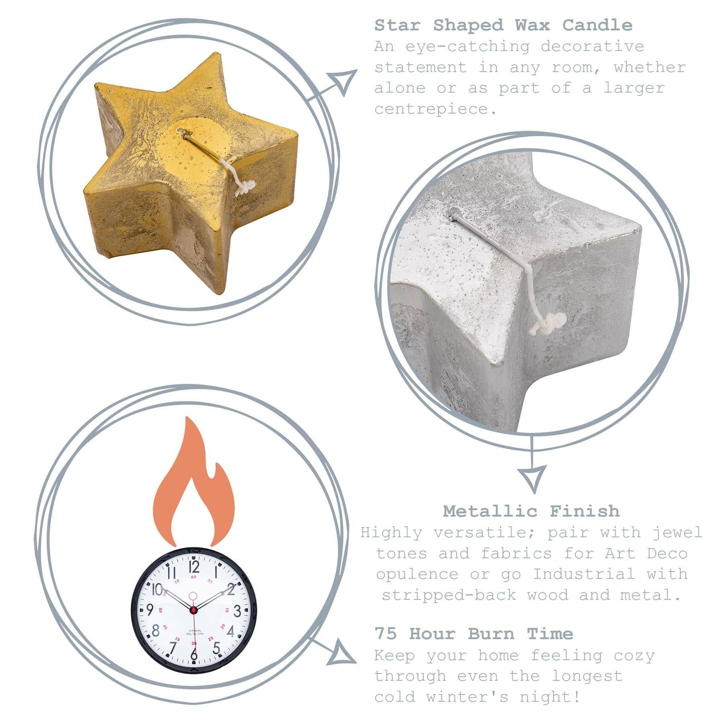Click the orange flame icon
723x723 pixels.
coord(194,484)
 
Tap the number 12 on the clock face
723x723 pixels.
coord(194,566)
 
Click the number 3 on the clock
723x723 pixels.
coord(237,611)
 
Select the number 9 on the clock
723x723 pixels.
coord(150,610)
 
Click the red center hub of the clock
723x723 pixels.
coord(193,610)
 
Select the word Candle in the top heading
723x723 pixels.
coord(597,26)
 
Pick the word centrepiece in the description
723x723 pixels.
coord(435,109)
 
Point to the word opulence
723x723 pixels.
coord(417,575)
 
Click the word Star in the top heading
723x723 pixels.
coord(397,26)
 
